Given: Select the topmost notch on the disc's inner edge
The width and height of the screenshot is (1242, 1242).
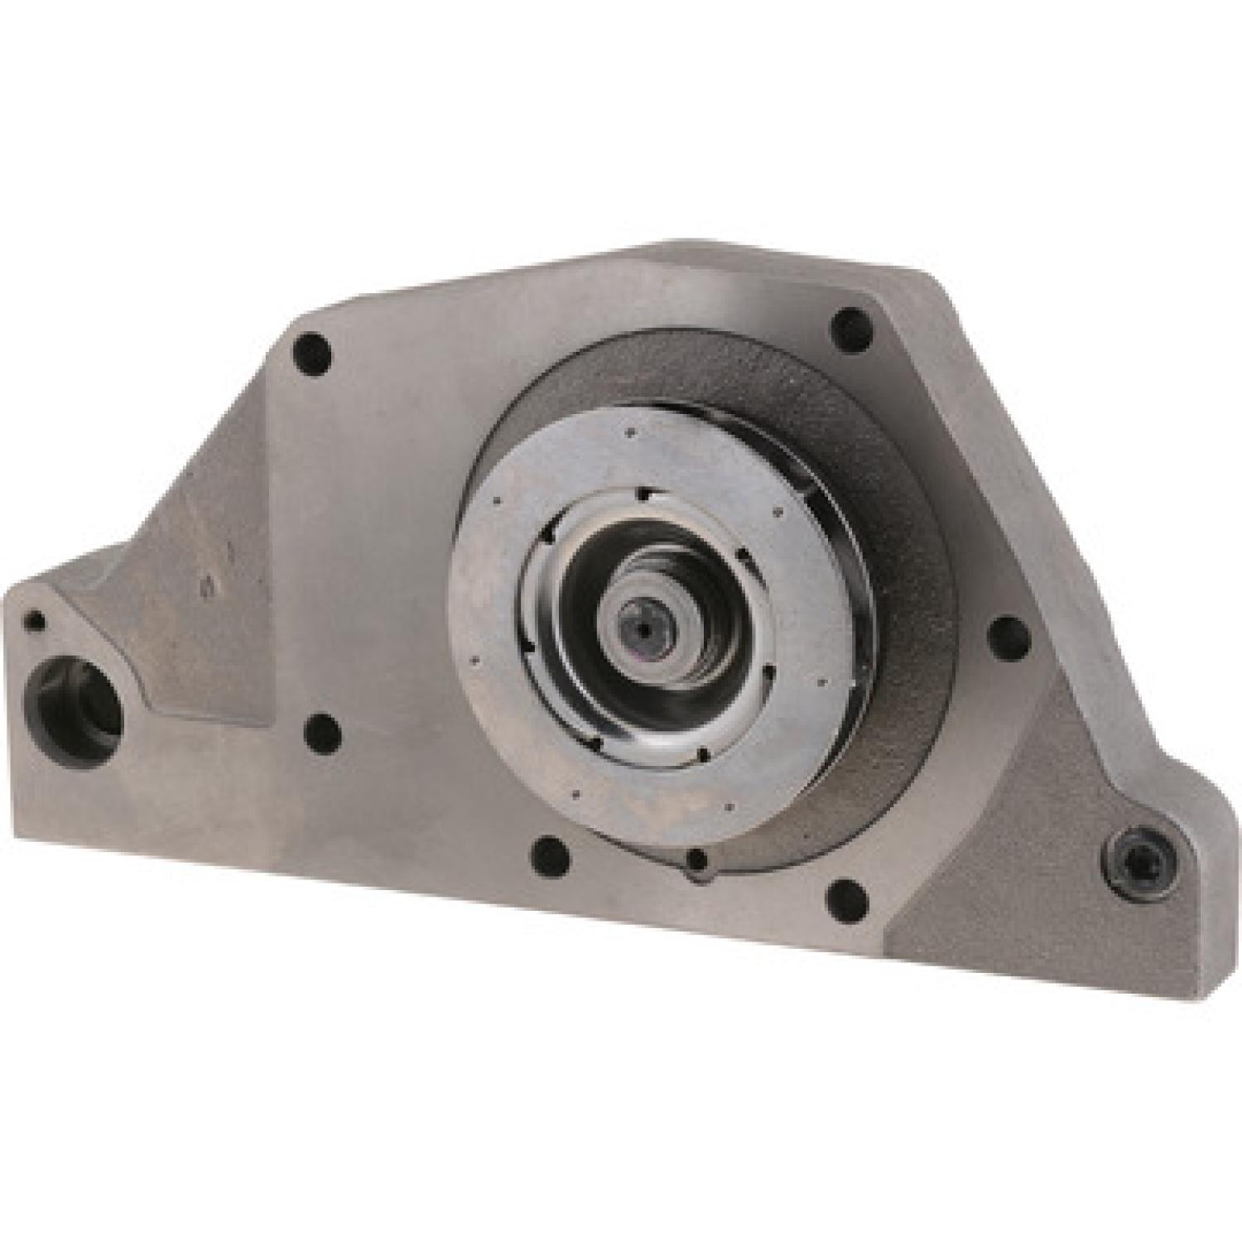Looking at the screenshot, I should click(642, 495).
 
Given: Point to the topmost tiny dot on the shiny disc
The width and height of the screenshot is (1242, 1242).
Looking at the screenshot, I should click(631, 431).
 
